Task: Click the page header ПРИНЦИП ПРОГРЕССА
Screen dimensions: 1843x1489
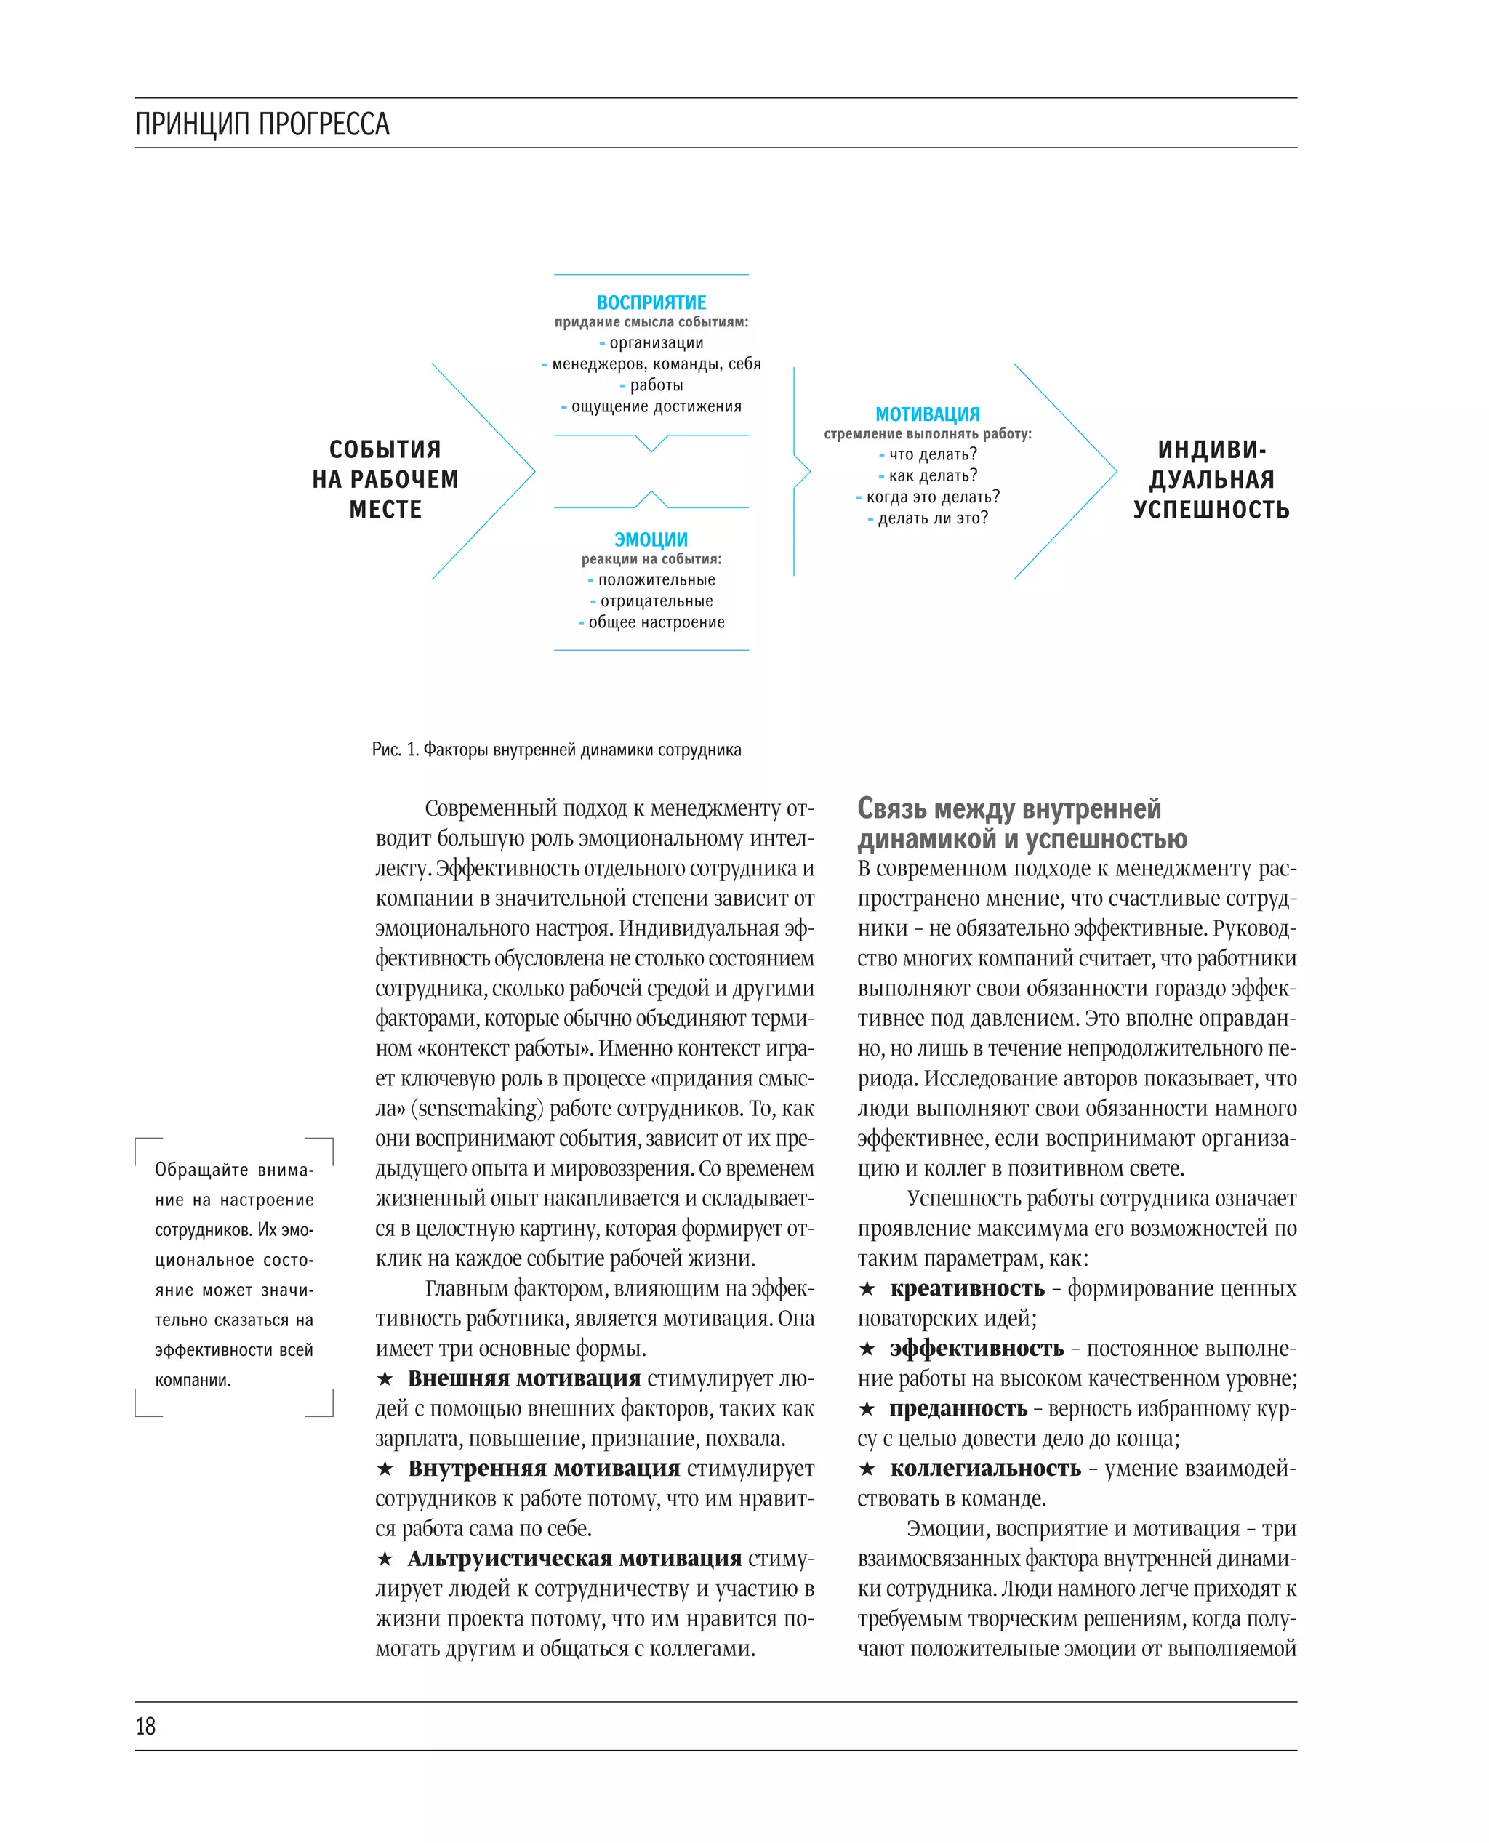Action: pyautogui.click(x=262, y=124)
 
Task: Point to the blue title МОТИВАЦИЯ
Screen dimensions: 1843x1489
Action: pyautogui.click(x=927, y=414)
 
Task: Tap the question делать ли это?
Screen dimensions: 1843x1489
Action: pyautogui.click(x=932, y=518)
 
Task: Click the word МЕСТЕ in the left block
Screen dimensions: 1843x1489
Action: pyautogui.click(x=385, y=510)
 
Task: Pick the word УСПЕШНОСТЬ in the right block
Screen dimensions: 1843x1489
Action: pyautogui.click(x=1211, y=510)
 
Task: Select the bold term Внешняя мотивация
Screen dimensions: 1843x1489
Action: pyautogui.click(x=524, y=1378)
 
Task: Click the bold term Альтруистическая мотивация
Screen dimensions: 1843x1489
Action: pyautogui.click(x=574, y=1558)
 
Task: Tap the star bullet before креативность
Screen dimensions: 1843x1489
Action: pyautogui.click(x=867, y=1289)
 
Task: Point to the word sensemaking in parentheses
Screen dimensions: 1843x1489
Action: pyautogui.click(x=477, y=1109)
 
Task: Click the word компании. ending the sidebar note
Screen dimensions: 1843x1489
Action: pyautogui.click(x=192, y=1380)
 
